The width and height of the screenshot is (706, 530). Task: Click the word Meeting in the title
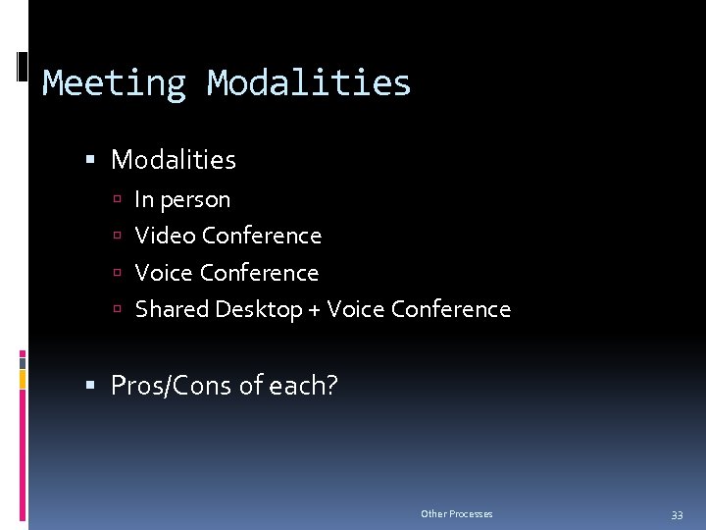[x=114, y=82]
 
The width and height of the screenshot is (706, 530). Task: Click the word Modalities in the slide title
[x=309, y=82]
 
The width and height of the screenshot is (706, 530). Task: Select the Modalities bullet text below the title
[x=174, y=159]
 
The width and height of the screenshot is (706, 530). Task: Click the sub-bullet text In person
[x=182, y=199]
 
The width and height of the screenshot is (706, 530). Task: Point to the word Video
[x=165, y=236]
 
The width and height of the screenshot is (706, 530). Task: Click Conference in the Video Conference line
[x=261, y=236]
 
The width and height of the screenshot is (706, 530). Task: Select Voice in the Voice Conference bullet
[x=164, y=273]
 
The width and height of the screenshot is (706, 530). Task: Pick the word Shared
[x=172, y=309]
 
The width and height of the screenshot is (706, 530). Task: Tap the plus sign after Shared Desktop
[x=314, y=310]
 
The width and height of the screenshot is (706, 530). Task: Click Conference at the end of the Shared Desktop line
[x=450, y=309]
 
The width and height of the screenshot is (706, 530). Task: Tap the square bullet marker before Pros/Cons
[x=90, y=387]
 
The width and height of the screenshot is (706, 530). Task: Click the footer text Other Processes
[x=456, y=514]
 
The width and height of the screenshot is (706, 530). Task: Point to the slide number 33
[x=676, y=514]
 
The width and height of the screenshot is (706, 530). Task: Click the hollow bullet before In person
[x=116, y=200]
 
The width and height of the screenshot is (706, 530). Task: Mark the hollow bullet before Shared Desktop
[x=116, y=310]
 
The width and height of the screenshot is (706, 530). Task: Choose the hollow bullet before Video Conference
[x=116, y=237]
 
